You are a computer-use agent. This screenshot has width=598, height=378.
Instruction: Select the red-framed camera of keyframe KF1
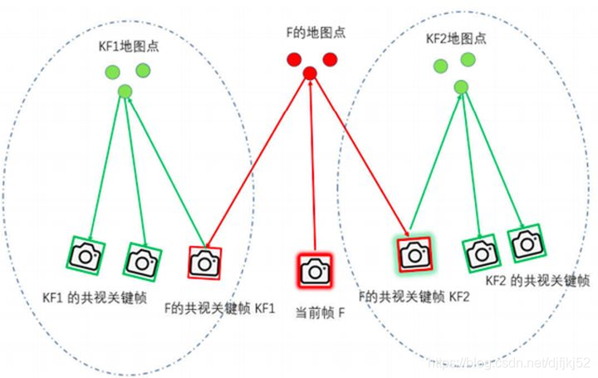pyautogui.click(x=204, y=263)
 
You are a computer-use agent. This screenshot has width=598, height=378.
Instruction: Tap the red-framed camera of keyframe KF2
pyautogui.click(x=414, y=254)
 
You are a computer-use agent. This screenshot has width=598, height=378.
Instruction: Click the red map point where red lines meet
pyautogui.click(x=310, y=74)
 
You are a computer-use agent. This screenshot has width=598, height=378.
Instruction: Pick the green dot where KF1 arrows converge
pyautogui.click(x=125, y=91)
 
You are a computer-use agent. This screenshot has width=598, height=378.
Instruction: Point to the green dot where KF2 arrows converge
pyautogui.click(x=460, y=86)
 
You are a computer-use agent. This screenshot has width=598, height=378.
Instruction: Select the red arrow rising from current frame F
pyautogui.click(x=311, y=166)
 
